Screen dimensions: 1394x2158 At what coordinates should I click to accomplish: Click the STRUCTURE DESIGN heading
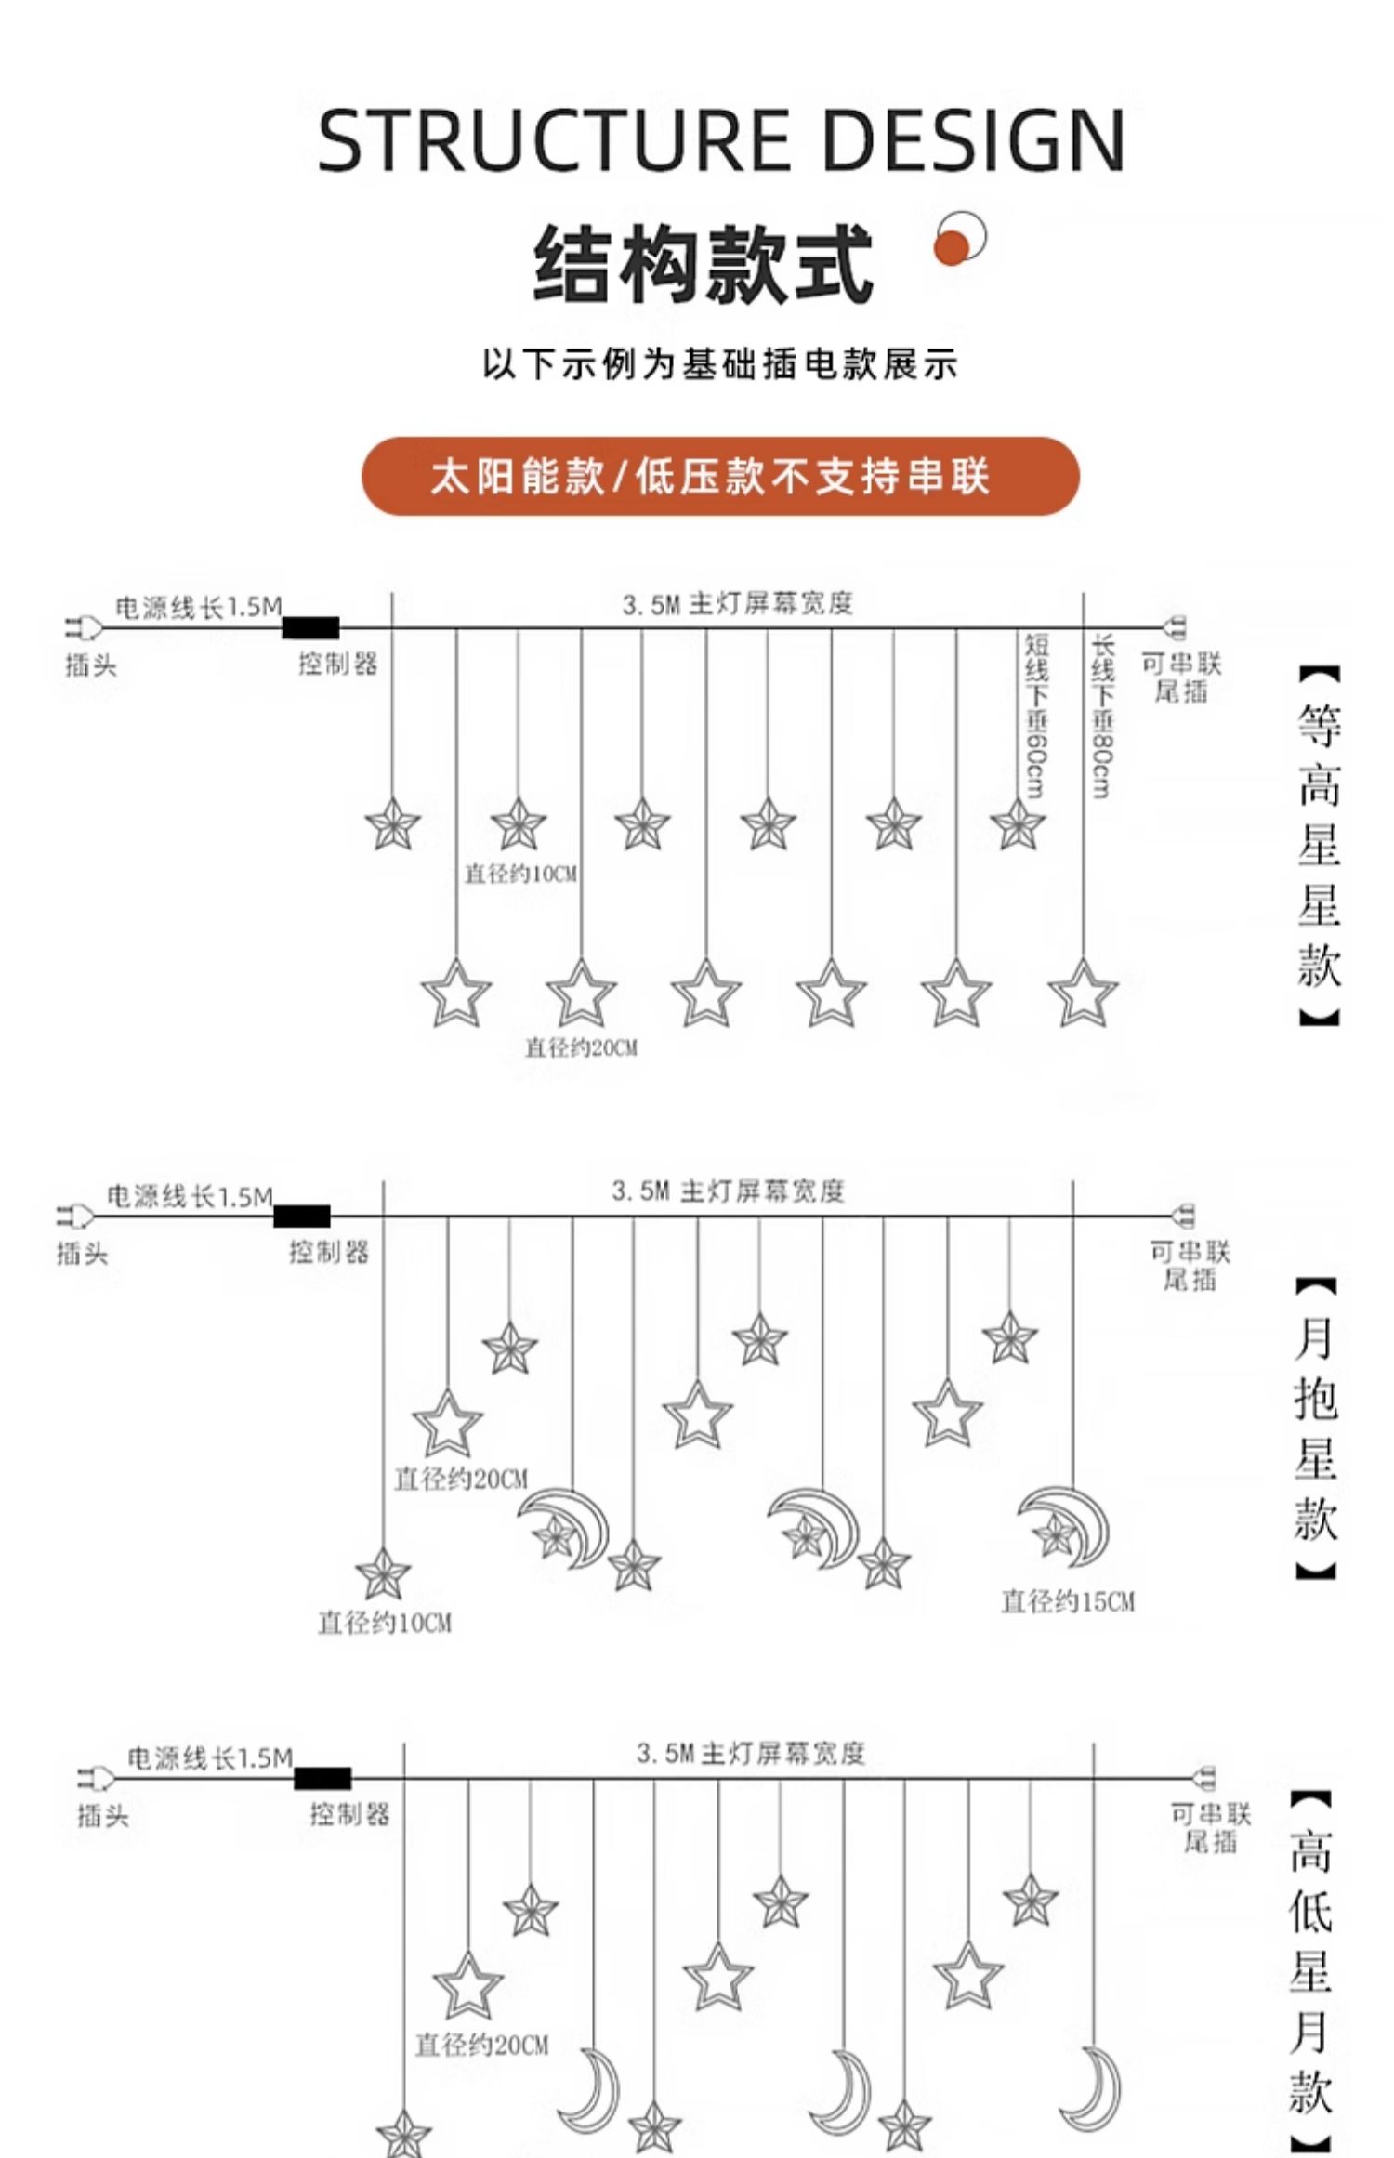point(720,140)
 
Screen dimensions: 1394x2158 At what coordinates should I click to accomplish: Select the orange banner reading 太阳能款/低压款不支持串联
point(720,476)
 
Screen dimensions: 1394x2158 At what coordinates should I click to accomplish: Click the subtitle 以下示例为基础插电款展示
point(720,364)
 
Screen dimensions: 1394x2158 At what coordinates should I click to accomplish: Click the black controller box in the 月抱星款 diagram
point(302,1216)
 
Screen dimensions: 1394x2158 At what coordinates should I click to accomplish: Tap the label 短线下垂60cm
point(1036,716)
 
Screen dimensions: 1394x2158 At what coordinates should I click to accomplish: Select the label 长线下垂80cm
point(1102,716)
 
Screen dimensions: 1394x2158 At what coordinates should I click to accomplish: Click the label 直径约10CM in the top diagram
point(520,874)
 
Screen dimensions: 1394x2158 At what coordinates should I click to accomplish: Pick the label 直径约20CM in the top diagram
point(582,1047)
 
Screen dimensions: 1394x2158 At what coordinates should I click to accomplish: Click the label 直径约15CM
point(1068,1600)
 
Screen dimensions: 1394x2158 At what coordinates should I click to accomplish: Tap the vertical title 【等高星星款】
point(1319,846)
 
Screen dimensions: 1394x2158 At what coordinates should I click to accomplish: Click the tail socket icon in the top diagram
point(1175,628)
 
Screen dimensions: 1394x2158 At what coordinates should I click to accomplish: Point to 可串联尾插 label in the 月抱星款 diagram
point(1190,1266)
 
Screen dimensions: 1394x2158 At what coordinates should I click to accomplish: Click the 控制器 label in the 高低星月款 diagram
point(349,1813)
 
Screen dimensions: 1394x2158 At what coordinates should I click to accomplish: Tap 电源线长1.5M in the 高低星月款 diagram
point(210,1758)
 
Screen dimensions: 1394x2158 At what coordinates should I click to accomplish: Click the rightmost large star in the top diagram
point(1083,994)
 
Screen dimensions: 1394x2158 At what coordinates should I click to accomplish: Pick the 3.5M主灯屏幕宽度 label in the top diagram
point(737,604)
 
